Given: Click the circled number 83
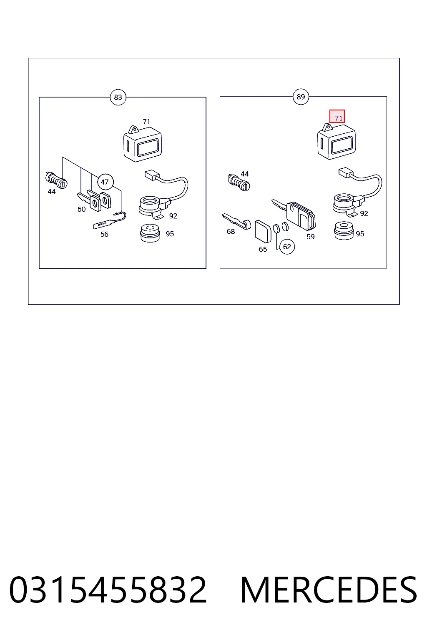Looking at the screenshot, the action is [118, 97].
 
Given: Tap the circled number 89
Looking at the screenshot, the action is [301, 97].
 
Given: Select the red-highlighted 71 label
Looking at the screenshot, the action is [337, 116].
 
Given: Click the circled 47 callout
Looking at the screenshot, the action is [105, 182].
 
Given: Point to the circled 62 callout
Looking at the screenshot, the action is [287, 247].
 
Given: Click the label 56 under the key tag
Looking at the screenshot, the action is [104, 234].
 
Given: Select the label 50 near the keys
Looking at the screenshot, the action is [81, 209].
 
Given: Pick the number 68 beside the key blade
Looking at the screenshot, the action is [231, 231].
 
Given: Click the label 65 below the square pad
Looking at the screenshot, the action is [263, 249].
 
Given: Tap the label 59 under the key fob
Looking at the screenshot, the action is [311, 237].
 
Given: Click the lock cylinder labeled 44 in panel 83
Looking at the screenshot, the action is [56, 180].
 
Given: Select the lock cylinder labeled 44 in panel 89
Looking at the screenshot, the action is [239, 182].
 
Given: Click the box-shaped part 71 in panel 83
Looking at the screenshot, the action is [143, 144].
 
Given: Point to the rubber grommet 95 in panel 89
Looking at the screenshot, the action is [344, 230].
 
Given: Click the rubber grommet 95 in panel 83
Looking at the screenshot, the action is [150, 233].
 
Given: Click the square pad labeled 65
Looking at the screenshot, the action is [263, 231].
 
